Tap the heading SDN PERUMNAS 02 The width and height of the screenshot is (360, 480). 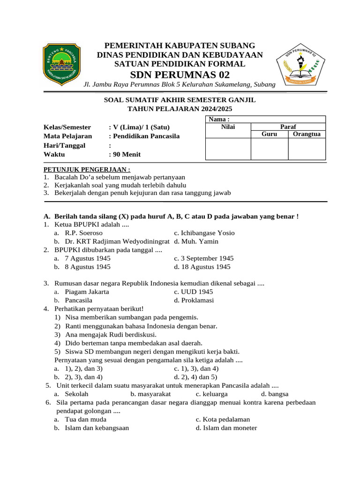tap(180, 75)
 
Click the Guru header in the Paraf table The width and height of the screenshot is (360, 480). tap(269, 134)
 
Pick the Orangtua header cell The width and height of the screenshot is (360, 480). tap(306, 134)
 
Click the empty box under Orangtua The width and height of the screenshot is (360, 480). tap(306, 149)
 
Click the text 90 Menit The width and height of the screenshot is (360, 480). tap(126, 154)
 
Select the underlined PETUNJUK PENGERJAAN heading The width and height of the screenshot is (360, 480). tap(87, 169)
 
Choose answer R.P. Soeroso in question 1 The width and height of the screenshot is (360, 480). tap(83, 232)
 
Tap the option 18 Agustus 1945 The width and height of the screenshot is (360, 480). tap(202, 267)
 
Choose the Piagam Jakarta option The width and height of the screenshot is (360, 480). tap(87, 292)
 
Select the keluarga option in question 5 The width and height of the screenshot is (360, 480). tap(211, 394)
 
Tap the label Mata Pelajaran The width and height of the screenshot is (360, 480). tap(67, 136)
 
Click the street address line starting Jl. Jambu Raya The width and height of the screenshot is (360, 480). tap(179, 84)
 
